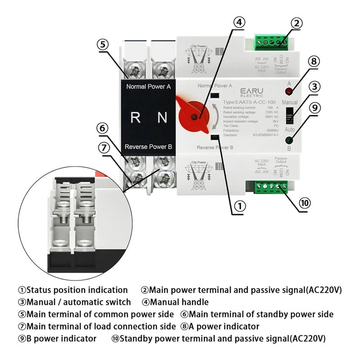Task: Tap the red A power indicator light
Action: (x=288, y=92)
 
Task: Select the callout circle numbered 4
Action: (x=239, y=22)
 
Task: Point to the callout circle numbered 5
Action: (x=103, y=44)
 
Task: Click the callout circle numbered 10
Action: (x=304, y=202)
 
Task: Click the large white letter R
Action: (x=135, y=117)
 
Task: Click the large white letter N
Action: (x=162, y=117)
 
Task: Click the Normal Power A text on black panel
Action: (x=148, y=86)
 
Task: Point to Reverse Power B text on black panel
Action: (x=148, y=147)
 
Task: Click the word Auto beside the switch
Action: (x=289, y=130)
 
